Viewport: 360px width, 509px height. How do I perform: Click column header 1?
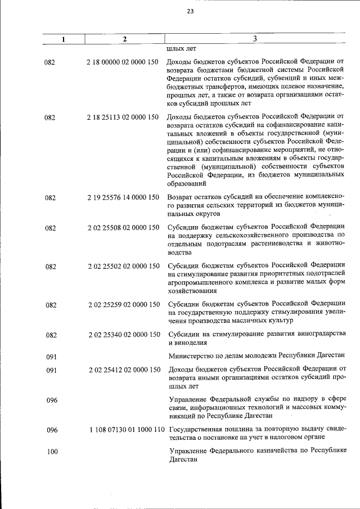click(64, 39)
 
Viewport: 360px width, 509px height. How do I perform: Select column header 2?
click(124, 39)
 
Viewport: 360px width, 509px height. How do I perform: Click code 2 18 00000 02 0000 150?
click(123, 62)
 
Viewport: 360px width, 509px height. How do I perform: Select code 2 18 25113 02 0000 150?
click(123, 116)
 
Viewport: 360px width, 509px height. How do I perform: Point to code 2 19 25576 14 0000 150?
click(123, 197)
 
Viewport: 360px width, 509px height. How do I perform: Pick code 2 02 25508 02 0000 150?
click(123, 228)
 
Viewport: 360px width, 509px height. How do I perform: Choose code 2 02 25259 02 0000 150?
click(123, 304)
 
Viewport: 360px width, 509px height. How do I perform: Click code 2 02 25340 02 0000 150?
click(123, 335)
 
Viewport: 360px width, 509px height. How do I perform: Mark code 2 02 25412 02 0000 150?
click(123, 370)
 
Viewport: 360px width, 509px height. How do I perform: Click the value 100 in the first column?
click(52, 452)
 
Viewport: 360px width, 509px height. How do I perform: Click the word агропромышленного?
click(200, 282)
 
